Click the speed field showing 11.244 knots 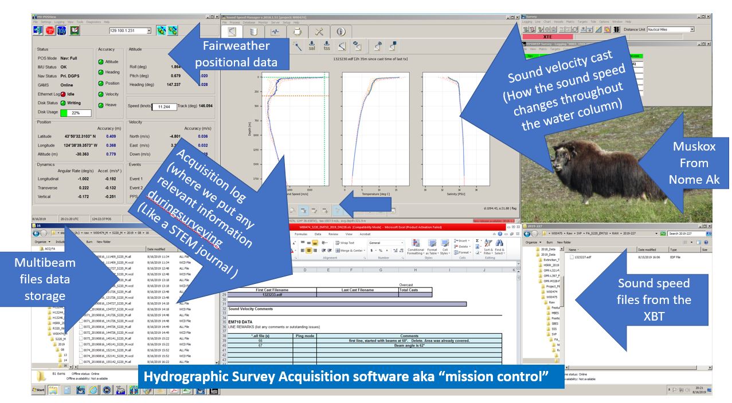pos(164,106)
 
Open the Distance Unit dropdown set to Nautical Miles pos(670,29)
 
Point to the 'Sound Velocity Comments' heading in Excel pos(251,309)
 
